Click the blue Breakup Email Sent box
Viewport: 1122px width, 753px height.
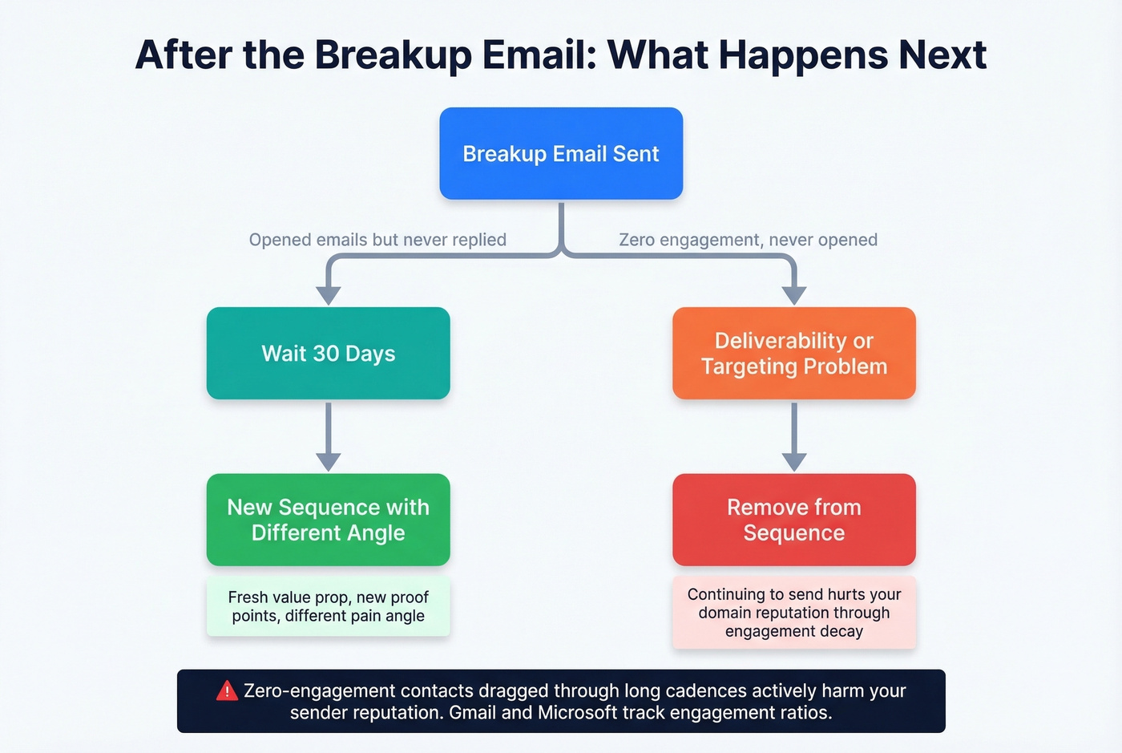[x=561, y=153]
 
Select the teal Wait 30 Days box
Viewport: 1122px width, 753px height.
[x=328, y=353]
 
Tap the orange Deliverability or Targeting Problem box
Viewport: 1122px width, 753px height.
[x=793, y=353]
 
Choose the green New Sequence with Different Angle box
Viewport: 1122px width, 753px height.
[x=328, y=520]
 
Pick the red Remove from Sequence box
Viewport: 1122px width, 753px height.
[x=793, y=520]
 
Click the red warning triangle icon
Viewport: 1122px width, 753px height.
[x=227, y=690]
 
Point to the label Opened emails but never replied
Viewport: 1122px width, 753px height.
[x=377, y=240]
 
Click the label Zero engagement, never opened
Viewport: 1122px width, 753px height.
[x=748, y=240]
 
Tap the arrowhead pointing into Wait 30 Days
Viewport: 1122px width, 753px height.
[x=328, y=294]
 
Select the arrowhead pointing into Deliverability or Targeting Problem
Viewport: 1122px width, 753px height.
[x=793, y=294]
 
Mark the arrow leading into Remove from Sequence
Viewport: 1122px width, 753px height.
[x=793, y=437]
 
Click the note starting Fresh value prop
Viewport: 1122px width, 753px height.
[x=328, y=606]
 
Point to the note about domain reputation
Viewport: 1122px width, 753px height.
[x=793, y=613]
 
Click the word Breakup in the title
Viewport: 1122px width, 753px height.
[x=393, y=55]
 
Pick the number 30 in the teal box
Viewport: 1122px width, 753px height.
[x=326, y=354]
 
